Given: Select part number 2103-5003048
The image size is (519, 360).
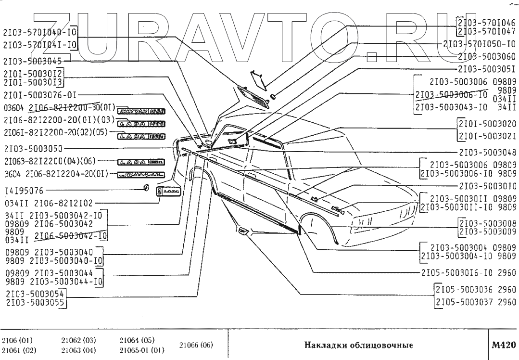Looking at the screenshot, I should (487, 153).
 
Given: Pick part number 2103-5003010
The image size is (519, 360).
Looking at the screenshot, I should (487, 186).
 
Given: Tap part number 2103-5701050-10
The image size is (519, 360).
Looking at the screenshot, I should (479, 44).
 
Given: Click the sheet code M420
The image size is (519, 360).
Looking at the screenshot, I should (504, 345).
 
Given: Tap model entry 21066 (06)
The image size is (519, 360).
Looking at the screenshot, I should (196, 345).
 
